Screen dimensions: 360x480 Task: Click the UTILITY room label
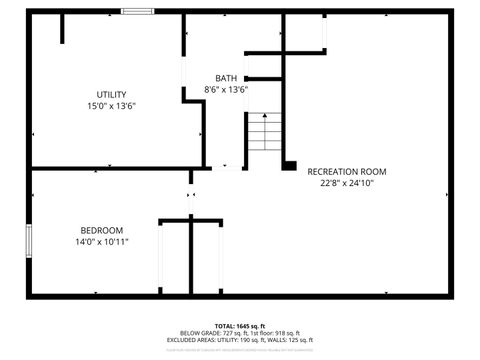click(x=111, y=94)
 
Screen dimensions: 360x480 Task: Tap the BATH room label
click(x=226, y=78)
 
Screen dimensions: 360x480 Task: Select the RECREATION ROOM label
click(x=346, y=172)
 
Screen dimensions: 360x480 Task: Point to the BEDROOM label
click(x=102, y=229)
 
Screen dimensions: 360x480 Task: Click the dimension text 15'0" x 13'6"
click(x=111, y=106)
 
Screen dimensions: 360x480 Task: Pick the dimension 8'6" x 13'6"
click(x=226, y=90)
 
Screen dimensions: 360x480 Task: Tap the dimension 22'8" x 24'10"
click(x=346, y=184)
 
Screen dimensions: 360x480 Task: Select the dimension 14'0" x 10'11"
click(x=102, y=241)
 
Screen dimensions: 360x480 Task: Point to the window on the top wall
click(x=137, y=12)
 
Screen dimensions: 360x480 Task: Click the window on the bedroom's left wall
click(x=28, y=243)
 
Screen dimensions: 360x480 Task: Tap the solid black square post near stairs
click(x=289, y=164)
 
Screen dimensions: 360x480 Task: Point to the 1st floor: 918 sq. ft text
click(x=271, y=334)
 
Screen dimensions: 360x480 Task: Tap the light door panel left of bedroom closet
click(x=159, y=257)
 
